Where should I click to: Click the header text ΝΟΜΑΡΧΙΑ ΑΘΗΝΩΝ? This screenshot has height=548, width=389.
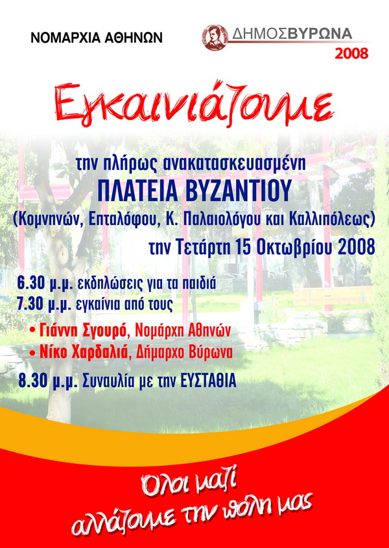pos(97,38)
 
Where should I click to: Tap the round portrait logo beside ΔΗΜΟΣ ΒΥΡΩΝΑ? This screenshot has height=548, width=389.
pos(215,38)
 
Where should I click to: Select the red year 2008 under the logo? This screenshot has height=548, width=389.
pos(351,53)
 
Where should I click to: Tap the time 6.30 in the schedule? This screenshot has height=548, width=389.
pos(31,284)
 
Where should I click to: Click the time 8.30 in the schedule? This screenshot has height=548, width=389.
pos(32,381)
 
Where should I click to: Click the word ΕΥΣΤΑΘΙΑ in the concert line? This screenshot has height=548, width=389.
pos(209,381)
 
